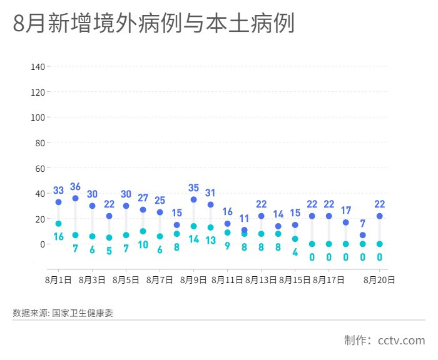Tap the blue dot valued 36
click(75, 198)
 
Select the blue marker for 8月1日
click(58, 202)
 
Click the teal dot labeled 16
click(58, 224)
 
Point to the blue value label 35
click(193, 188)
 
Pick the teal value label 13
click(210, 240)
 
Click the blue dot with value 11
click(244, 230)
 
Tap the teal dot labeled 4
click(295, 239)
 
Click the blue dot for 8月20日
click(379, 216)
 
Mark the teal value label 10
click(143, 244)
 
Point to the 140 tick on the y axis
click(38, 67)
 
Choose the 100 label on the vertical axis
click(38, 117)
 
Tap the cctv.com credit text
click(401, 341)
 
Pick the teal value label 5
click(109, 251)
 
